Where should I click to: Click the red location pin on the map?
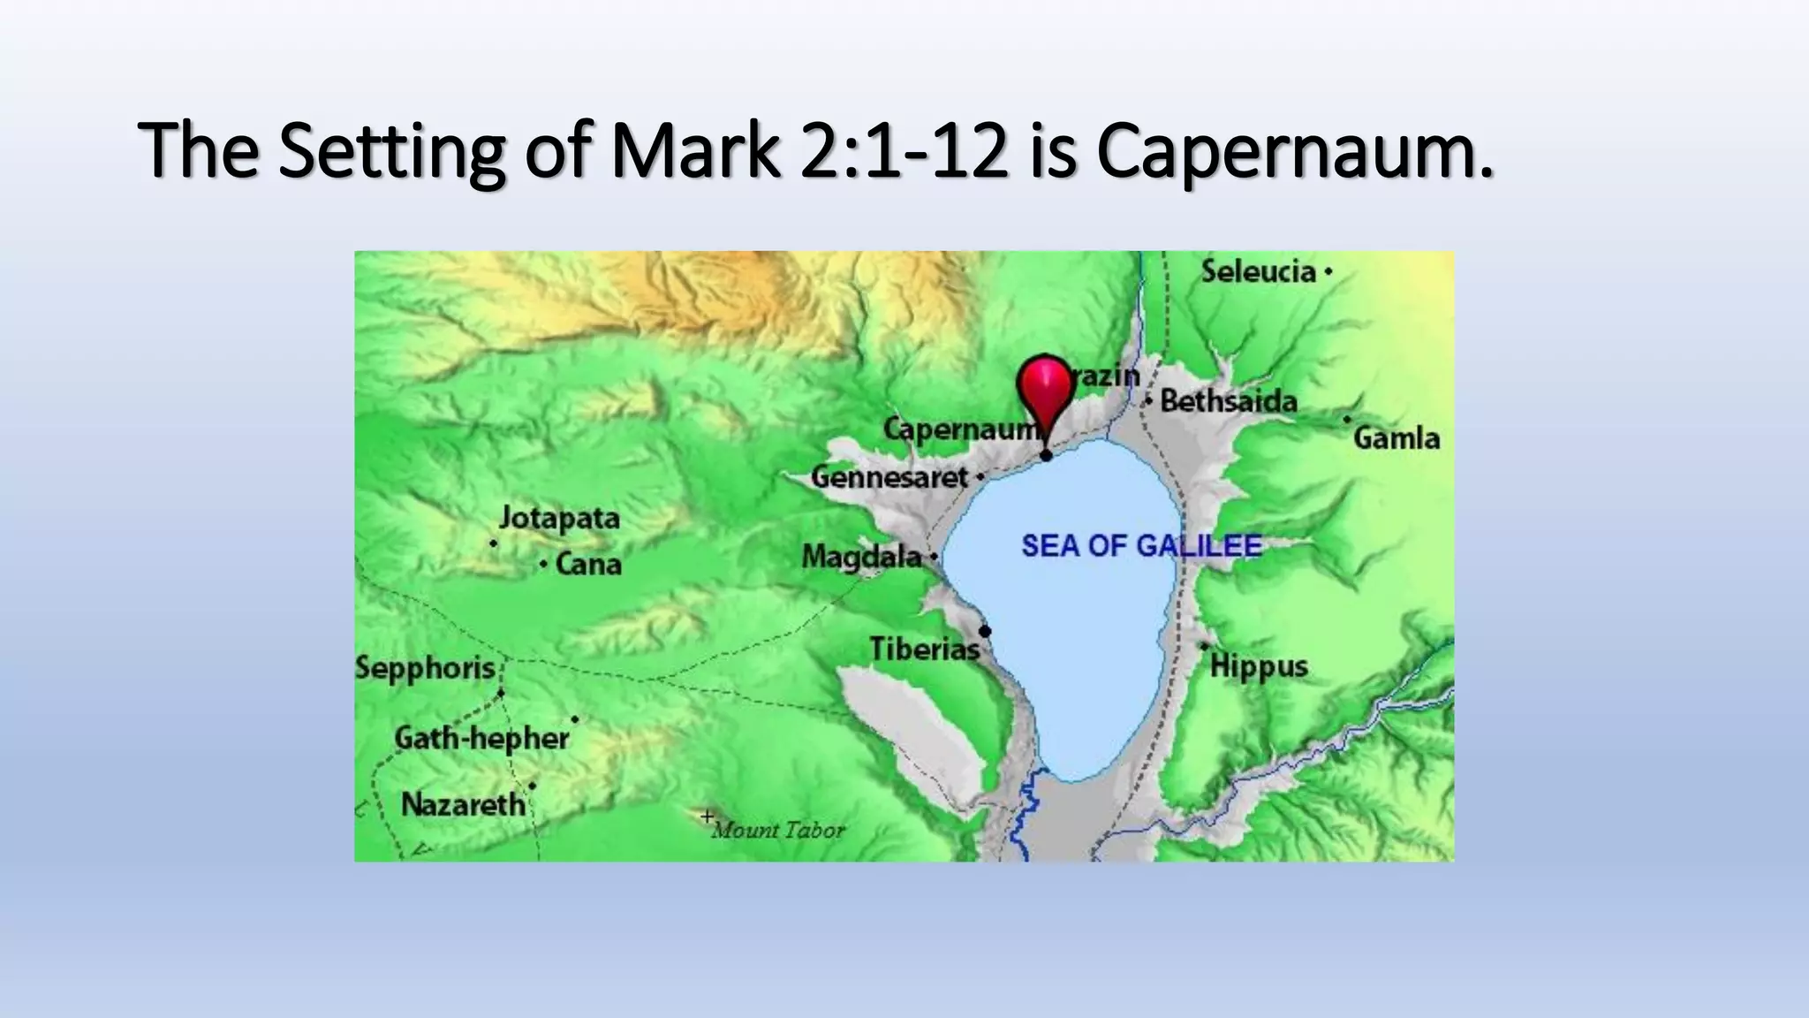click(1044, 390)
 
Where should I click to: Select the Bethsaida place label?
click(1229, 402)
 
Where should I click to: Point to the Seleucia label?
click(1259, 271)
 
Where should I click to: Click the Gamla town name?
click(1396, 438)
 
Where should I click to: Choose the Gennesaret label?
click(889, 478)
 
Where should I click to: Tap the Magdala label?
click(861, 557)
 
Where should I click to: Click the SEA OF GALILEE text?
click(1141, 546)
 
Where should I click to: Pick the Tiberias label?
click(924, 650)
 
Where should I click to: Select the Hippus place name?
click(1259, 666)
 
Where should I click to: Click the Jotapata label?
click(559, 518)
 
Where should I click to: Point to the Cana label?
click(588, 565)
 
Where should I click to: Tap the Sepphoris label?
click(425, 668)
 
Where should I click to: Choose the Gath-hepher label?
click(481, 738)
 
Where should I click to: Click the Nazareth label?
click(463, 805)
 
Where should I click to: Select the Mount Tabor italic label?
click(778, 831)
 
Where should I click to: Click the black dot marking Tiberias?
click(985, 631)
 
